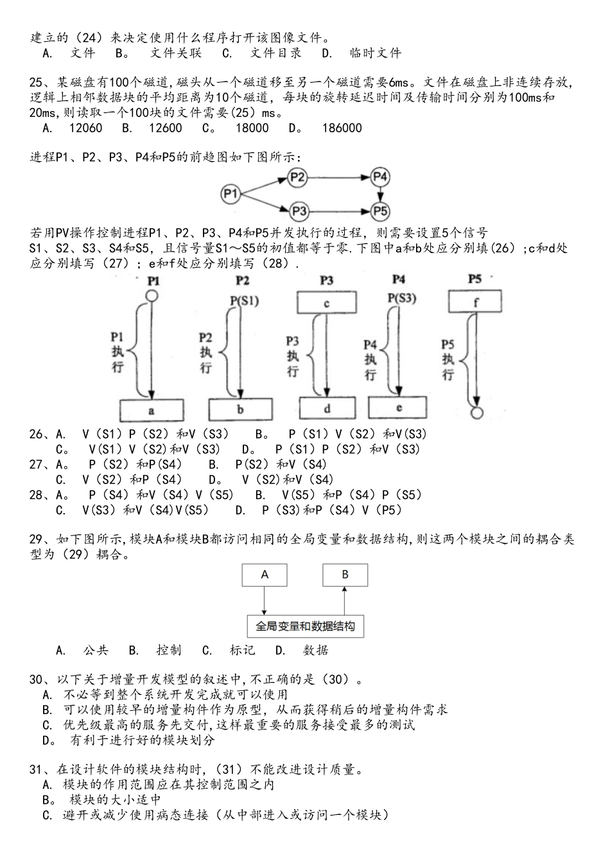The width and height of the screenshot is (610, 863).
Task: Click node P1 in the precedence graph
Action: pyautogui.click(x=232, y=193)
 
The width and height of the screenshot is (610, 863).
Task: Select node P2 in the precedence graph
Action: pyautogui.click(x=297, y=177)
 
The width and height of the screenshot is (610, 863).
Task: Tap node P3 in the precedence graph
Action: pyautogui.click(x=297, y=210)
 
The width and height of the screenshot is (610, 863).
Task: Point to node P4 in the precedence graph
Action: pyautogui.click(x=380, y=177)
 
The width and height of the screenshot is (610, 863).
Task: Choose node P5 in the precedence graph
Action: pyautogui.click(x=380, y=210)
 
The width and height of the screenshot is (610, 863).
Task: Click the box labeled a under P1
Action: pyautogui.click(x=152, y=410)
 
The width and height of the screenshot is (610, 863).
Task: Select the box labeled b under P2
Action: pyautogui.click(x=240, y=410)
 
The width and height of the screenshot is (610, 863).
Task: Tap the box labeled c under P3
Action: pyautogui.click(x=326, y=302)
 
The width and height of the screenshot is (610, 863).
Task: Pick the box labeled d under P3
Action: pyautogui.click(x=326, y=408)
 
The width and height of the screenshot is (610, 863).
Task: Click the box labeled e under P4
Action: pyautogui.click(x=397, y=408)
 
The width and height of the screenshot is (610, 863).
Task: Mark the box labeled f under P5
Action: pyautogui.click(x=475, y=301)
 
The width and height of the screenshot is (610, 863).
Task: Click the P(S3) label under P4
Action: pyautogui.click(x=402, y=298)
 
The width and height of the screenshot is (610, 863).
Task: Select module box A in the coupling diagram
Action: pyautogui.click(x=265, y=575)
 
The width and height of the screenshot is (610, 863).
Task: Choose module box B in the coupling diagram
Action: pyautogui.click(x=345, y=575)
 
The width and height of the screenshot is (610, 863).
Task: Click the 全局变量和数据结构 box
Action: pyautogui.click(x=305, y=626)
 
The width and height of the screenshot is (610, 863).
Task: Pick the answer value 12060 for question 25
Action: pyautogui.click(x=85, y=128)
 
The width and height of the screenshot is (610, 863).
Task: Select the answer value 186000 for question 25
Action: pyautogui.click(x=341, y=128)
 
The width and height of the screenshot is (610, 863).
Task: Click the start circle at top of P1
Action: pyautogui.click(x=152, y=296)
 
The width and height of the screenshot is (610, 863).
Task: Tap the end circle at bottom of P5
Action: pyautogui.click(x=476, y=412)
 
